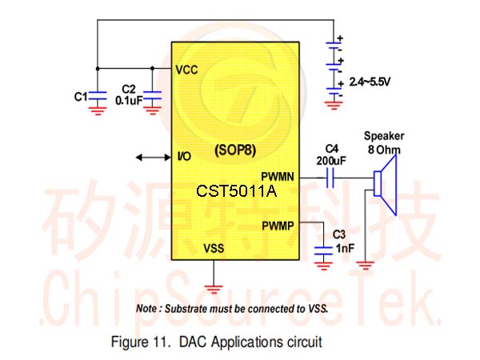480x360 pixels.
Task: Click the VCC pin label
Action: (186, 70)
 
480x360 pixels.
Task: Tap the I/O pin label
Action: (184, 157)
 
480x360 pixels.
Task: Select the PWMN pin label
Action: (278, 177)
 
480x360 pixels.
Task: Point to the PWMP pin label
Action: (278, 226)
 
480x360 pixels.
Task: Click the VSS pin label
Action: (214, 248)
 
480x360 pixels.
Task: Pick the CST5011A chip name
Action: (236, 191)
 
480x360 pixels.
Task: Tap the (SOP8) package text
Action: (235, 150)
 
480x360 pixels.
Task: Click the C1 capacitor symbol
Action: (98, 95)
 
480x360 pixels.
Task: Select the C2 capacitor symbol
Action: (153, 95)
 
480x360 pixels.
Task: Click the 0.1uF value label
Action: (129, 101)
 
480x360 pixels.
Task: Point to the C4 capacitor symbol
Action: (330, 178)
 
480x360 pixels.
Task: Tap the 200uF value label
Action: (331, 161)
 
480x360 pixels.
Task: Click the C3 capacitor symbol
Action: (323, 250)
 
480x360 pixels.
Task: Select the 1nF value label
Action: (345, 248)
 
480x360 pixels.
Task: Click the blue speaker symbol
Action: (386, 185)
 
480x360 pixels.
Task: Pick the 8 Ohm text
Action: (384, 150)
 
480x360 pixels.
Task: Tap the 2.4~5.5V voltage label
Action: (370, 82)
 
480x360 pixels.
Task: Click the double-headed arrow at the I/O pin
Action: (153, 158)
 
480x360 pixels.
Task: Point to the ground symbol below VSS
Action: (214, 289)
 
